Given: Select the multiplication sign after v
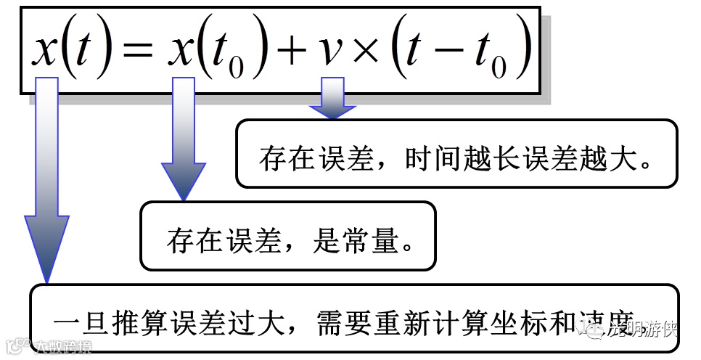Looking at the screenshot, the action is click(369, 52).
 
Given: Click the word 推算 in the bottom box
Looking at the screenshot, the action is click(141, 322).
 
